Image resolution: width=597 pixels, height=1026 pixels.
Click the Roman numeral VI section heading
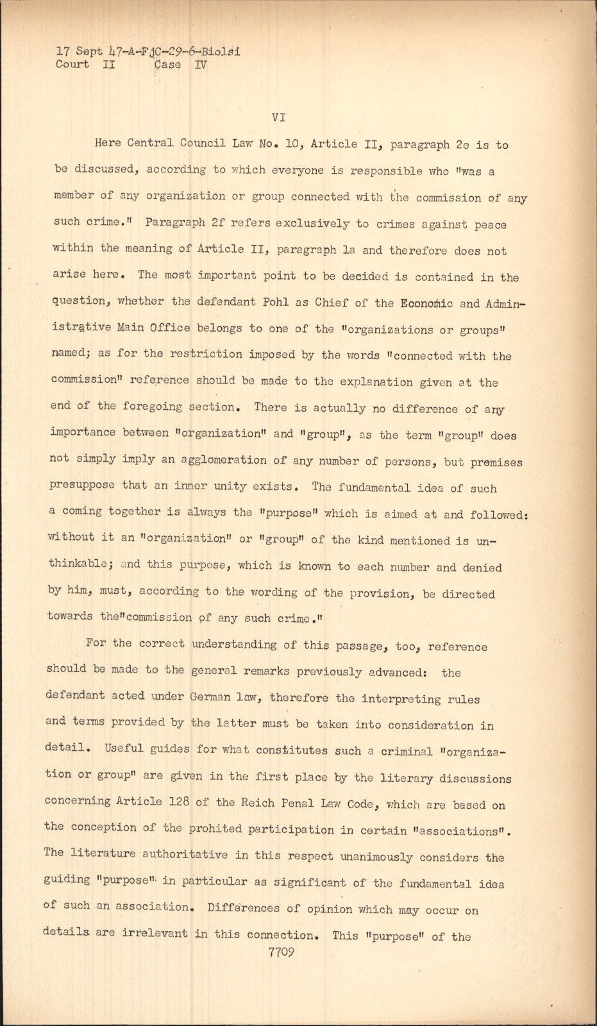278,117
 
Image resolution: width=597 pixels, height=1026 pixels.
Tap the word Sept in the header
89,51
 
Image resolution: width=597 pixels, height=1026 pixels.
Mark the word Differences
243,909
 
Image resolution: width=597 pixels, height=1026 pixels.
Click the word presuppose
82,486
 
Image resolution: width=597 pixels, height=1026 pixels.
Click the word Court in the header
72,64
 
